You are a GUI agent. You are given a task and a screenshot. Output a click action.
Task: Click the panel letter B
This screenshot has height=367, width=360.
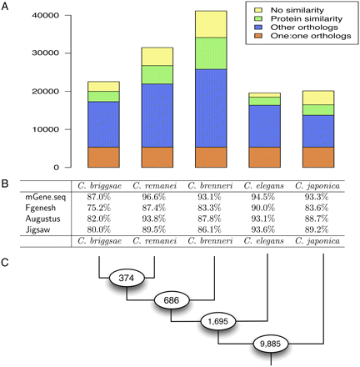6,178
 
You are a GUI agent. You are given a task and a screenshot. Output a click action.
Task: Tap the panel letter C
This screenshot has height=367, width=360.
6,260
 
